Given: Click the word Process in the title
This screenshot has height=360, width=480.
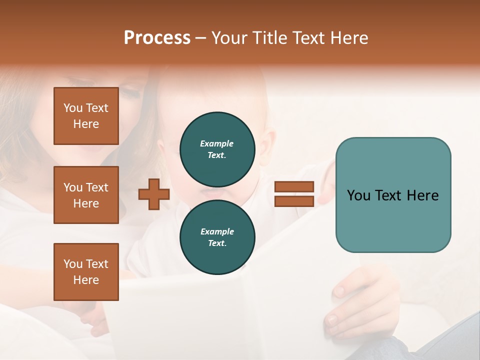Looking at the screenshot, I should pyautogui.click(x=157, y=38).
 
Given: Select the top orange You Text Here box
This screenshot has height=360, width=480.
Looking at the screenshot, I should pyautogui.click(x=86, y=116).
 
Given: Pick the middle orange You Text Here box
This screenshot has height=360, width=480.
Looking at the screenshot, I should pyautogui.click(x=86, y=195).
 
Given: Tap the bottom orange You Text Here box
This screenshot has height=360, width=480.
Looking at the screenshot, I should pyautogui.click(x=86, y=272).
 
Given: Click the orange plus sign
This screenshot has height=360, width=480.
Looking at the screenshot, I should pyautogui.click(x=153, y=194).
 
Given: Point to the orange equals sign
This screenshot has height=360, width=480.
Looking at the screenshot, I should pyautogui.click(x=294, y=194).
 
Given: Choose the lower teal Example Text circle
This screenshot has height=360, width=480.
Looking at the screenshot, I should pyautogui.click(x=217, y=237).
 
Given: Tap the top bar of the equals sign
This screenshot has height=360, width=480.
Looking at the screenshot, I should pyautogui.click(x=294, y=187).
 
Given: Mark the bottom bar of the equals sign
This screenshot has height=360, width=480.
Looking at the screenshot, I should pyautogui.click(x=294, y=201).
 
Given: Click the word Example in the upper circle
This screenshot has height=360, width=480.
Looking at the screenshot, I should pyautogui.click(x=217, y=143).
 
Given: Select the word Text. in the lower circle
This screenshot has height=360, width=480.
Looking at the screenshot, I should pyautogui.click(x=217, y=243).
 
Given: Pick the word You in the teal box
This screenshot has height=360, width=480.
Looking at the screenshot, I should pyautogui.click(x=358, y=195).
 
